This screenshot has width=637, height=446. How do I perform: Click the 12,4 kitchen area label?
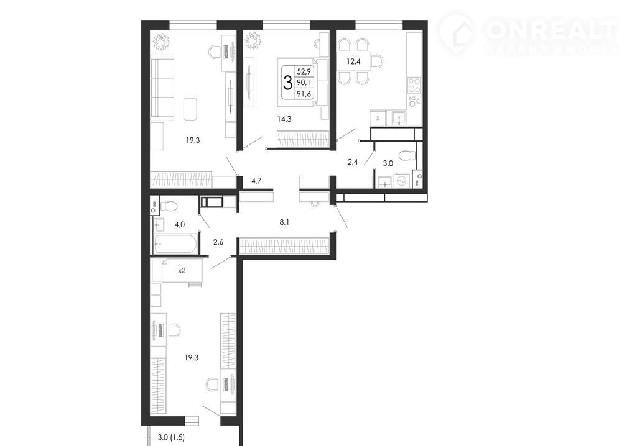(353, 61)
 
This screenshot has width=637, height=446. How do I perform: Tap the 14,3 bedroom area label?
(284, 119)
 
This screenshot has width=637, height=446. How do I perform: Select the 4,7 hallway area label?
(256, 181)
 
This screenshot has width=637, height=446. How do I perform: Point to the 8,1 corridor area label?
(284, 222)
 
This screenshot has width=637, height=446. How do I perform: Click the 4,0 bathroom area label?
(180, 224)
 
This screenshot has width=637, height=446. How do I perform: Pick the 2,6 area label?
(218, 242)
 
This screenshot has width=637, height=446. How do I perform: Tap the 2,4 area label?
(353, 162)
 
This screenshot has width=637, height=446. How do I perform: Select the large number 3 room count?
(287, 83)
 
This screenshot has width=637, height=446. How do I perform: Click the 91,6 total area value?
(304, 94)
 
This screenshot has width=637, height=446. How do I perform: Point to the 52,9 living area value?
(304, 71)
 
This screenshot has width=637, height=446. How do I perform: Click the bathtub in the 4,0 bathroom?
(175, 243)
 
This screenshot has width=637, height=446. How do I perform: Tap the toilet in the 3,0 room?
(406, 155)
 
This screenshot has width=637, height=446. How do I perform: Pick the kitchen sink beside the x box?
(399, 119)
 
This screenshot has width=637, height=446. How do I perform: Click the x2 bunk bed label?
(182, 270)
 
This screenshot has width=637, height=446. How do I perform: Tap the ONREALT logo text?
(551, 29)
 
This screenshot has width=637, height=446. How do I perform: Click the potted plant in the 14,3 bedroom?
(253, 40)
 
